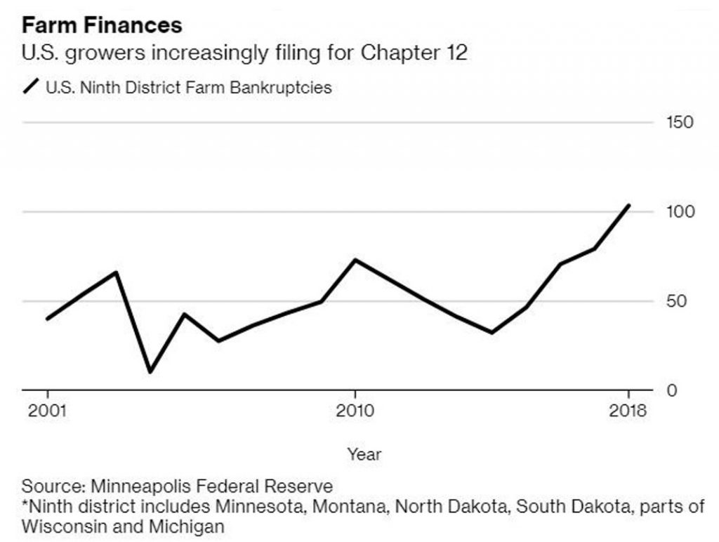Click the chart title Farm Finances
point(102,26)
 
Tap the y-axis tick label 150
point(680,123)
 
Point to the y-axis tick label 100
point(680,212)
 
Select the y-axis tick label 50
point(675,302)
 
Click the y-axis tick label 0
point(670,391)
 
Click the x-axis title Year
point(364,454)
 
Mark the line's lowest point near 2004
point(150,371)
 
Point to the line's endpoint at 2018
point(628,205)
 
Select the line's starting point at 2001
point(47,319)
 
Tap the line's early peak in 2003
point(116,272)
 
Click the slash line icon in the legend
point(32,88)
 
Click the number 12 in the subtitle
point(454,53)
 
